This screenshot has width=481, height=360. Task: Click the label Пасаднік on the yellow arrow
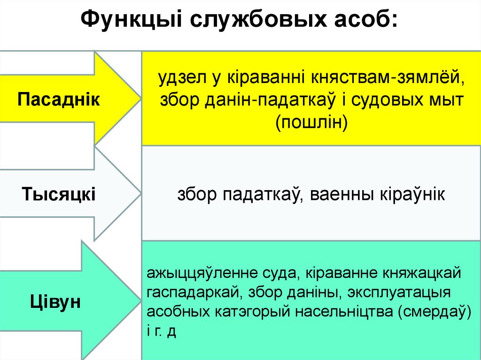click(59, 100)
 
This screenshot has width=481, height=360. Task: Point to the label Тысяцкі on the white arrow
click(59, 193)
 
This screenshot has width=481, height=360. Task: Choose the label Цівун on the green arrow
click(55, 300)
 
